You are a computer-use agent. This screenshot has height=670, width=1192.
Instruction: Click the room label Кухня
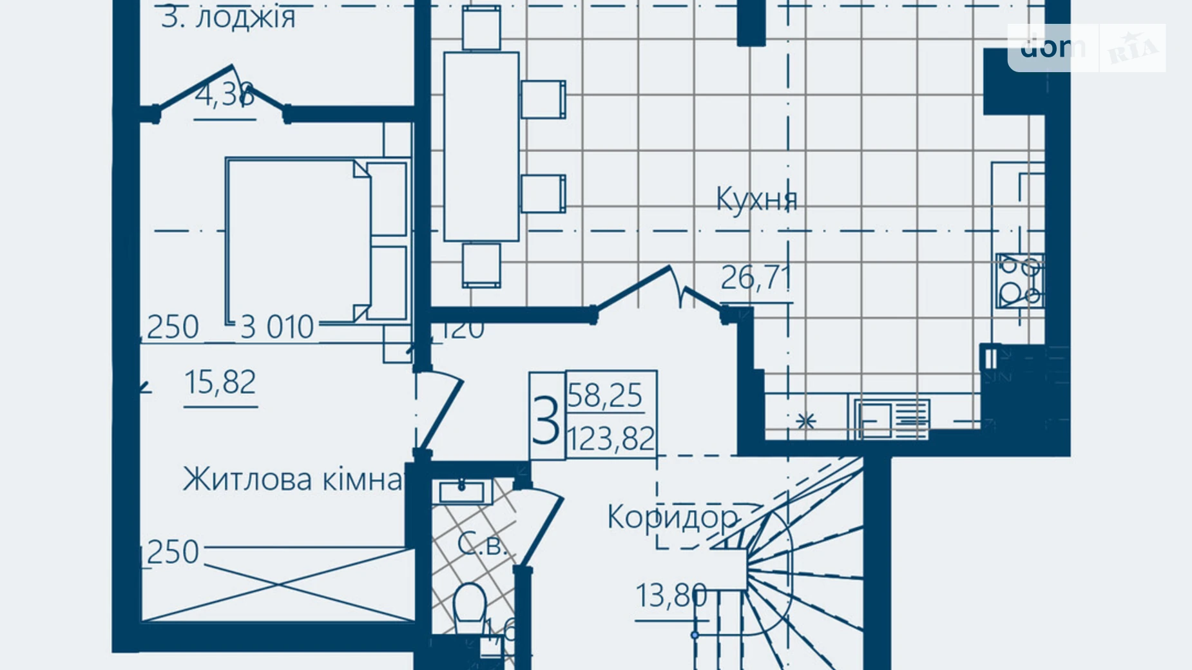[x=756, y=199]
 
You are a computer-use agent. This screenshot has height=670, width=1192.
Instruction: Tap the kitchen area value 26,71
[x=756, y=278]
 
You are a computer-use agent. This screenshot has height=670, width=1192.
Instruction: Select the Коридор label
[x=673, y=517]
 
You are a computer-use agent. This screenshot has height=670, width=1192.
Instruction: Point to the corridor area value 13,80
[x=671, y=596]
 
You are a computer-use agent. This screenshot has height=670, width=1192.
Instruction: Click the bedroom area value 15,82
[x=220, y=382]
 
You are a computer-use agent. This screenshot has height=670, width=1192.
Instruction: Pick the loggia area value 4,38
[x=224, y=95]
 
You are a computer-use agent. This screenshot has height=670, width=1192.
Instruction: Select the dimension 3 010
[x=277, y=327]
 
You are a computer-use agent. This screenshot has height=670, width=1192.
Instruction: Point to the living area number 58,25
[x=605, y=395]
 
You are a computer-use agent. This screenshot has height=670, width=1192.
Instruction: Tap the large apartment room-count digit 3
[x=546, y=419]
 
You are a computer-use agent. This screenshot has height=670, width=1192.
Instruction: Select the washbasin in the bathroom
[x=461, y=493]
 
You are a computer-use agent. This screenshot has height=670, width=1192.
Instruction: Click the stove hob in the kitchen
[x=1019, y=281]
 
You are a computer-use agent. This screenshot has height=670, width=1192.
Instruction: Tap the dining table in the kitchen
[x=481, y=146]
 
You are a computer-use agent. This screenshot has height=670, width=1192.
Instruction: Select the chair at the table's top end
[x=481, y=28]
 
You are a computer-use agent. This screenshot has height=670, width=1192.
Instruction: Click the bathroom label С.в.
[x=481, y=544]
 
